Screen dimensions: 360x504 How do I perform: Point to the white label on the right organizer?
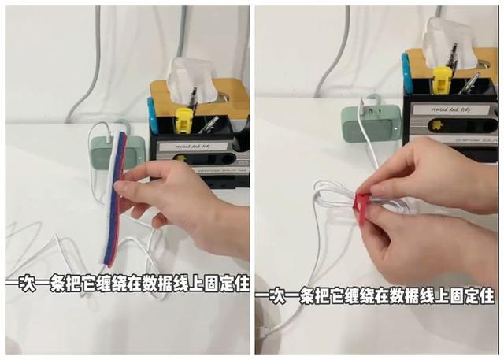[450, 109]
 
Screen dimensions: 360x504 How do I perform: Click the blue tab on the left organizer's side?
[151, 114]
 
